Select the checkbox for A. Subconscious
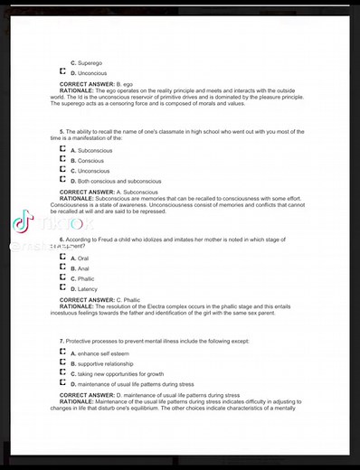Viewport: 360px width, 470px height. pos(62,149)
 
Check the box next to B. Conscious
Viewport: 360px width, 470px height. pos(62,160)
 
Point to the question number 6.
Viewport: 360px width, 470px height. pos(62,239)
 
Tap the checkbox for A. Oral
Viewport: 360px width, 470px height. pos(62,258)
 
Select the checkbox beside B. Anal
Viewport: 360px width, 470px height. pos(62,268)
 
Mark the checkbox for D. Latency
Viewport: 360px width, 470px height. pos(62,288)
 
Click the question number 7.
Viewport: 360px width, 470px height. pos(62,341)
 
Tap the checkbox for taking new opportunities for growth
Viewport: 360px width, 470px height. pos(62,373)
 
